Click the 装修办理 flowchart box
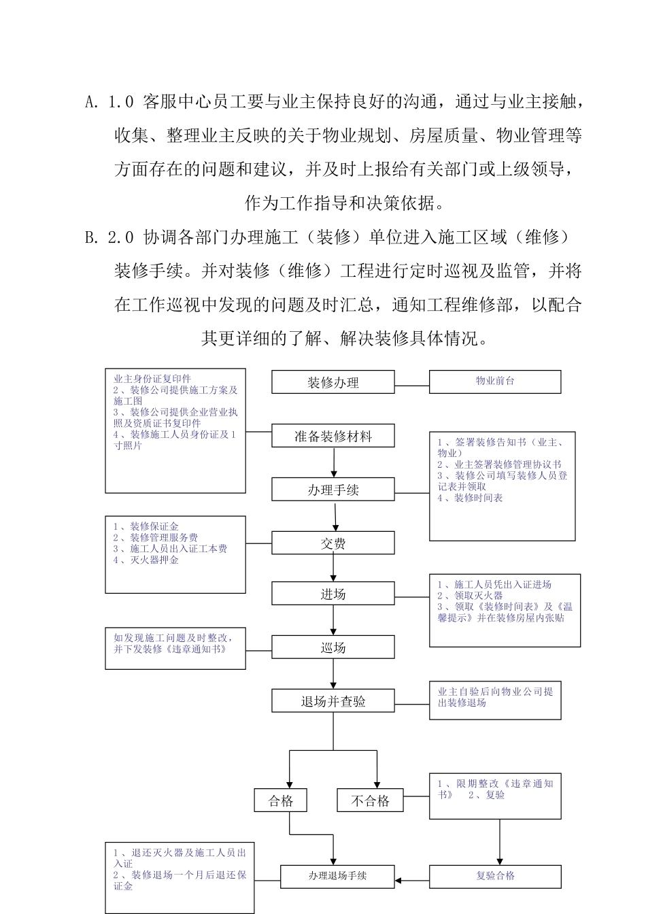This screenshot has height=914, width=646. tap(333, 382)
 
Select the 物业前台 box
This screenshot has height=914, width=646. tap(495, 382)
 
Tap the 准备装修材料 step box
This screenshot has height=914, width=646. tap(333, 436)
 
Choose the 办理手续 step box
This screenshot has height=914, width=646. tap(333, 490)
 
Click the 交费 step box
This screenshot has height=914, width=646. tap(333, 543)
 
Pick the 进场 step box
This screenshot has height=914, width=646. tap(333, 594)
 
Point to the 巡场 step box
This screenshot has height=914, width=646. tap(333, 647)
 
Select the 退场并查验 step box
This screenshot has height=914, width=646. tap(333, 701)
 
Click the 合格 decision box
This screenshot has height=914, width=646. tap(281, 800)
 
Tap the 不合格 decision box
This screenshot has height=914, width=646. tap(370, 800)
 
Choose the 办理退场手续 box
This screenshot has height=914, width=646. tap(337, 876)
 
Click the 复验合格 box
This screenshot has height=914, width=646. tap(495, 876)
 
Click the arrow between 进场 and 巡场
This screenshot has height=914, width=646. tap(334, 620)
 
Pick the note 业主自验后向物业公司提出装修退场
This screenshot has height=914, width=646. tap(495, 697)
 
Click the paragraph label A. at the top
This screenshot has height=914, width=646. tap(92, 103)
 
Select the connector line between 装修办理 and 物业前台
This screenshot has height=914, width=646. tap(412, 386)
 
